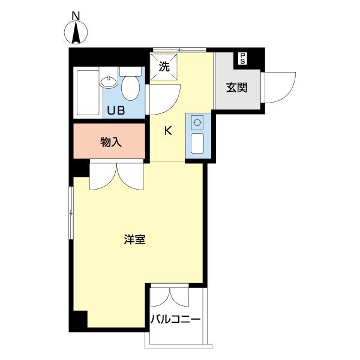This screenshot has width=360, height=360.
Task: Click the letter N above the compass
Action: [x=76, y=15]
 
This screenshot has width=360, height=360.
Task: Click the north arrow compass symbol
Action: [x=76, y=33]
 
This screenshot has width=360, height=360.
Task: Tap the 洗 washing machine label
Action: [x=164, y=67]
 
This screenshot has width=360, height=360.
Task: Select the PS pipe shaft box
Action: [x=242, y=58]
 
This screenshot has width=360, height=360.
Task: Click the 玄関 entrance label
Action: [x=236, y=88]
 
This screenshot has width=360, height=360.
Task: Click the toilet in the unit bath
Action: [x=130, y=87]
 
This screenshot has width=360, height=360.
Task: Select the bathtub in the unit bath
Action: [x=88, y=93]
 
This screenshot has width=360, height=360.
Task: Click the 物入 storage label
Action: [x=110, y=142]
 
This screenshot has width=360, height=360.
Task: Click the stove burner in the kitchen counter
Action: [x=196, y=123]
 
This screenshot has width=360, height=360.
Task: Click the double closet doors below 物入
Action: [x=118, y=177]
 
